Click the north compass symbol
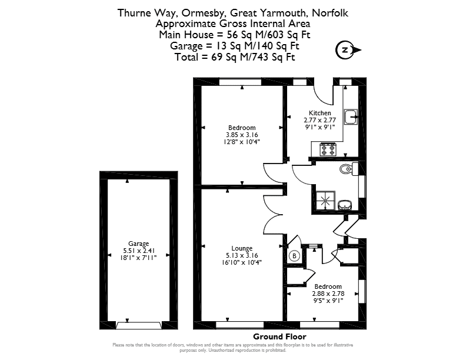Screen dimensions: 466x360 348,50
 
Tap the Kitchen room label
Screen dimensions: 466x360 319,113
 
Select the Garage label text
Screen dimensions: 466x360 138,244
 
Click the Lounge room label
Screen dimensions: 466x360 242,248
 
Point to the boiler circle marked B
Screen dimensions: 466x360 294,256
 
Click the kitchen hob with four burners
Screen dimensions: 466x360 328,149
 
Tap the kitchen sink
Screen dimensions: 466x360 351,116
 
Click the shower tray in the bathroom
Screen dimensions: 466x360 326,201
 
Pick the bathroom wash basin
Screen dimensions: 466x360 345,205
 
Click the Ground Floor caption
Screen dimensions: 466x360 279,336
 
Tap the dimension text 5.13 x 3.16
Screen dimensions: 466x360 242,255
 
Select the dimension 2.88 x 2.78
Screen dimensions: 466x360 328,294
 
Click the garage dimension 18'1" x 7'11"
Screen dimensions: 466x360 138,258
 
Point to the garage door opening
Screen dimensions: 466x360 139,326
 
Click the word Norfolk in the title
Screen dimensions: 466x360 330,13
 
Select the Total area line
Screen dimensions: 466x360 235,56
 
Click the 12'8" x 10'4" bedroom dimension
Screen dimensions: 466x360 242,142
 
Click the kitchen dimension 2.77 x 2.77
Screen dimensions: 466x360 319,120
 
